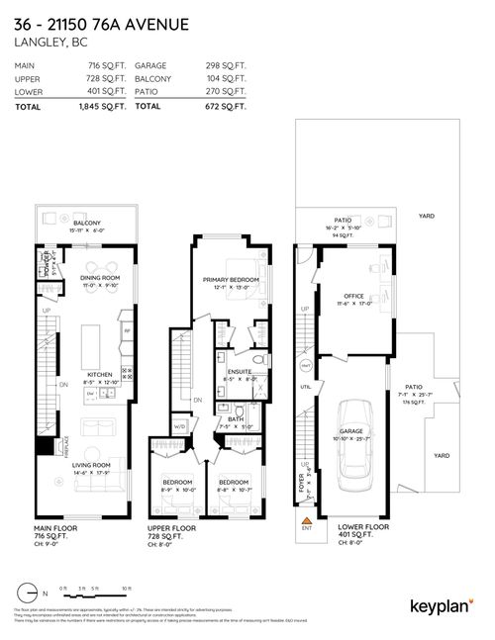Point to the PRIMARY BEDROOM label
tap(231, 280)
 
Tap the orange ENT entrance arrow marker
tap(306, 517)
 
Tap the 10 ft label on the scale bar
tap(127, 588)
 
